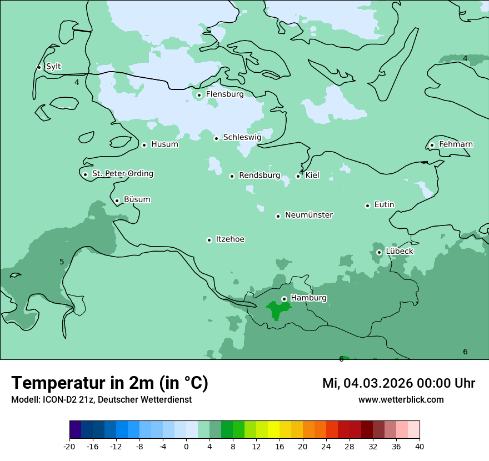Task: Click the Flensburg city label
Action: point(224,94)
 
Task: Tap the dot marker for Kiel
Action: point(298,176)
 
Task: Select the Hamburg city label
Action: point(308,298)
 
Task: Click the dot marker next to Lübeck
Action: point(379,252)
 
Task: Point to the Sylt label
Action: point(53,67)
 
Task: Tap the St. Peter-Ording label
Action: point(122,174)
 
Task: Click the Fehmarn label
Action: point(456,144)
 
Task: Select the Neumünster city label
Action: point(309,215)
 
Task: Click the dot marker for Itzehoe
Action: point(209,240)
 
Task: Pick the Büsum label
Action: point(137,199)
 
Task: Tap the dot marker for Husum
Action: point(144,145)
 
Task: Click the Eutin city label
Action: point(384,205)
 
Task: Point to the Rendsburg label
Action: point(260,176)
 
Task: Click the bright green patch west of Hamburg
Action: point(275,309)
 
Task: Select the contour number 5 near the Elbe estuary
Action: point(62,262)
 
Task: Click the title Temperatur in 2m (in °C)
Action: point(109,383)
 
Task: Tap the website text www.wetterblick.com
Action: point(401,400)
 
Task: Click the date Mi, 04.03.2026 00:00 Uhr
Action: point(398,383)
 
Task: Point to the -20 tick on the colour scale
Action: point(69,446)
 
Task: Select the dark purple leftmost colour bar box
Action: point(75,430)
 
